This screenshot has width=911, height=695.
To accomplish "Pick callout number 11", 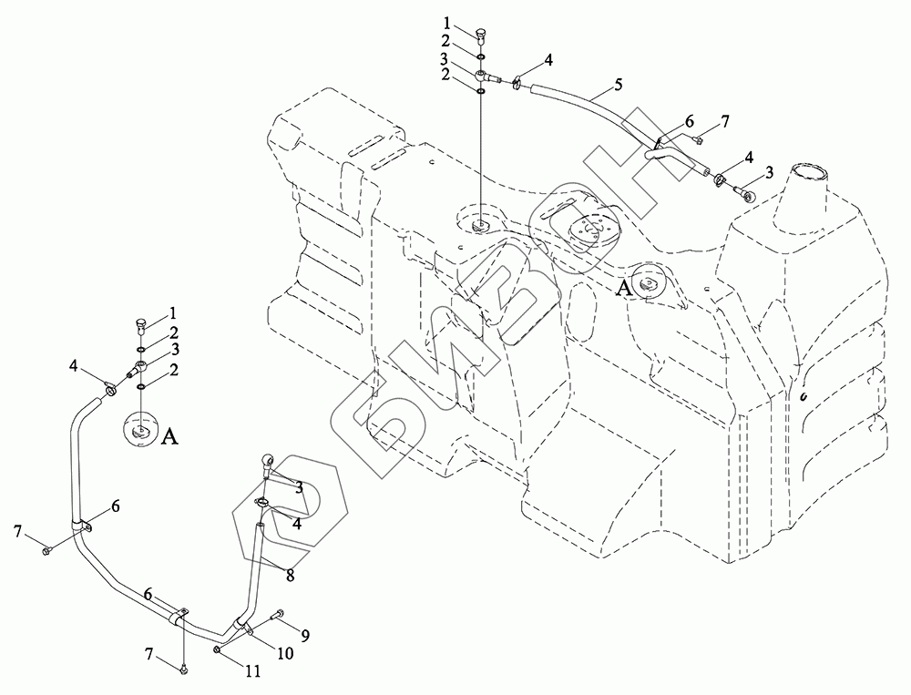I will [x=252, y=672].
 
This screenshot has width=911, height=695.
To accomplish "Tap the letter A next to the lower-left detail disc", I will [x=169, y=438].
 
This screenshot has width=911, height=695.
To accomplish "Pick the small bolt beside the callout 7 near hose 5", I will [x=696, y=139].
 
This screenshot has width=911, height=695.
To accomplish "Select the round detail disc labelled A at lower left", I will [x=140, y=429].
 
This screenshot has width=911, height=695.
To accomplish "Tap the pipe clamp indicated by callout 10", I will [x=241, y=626].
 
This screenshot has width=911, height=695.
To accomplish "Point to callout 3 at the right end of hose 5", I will [x=770, y=172].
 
